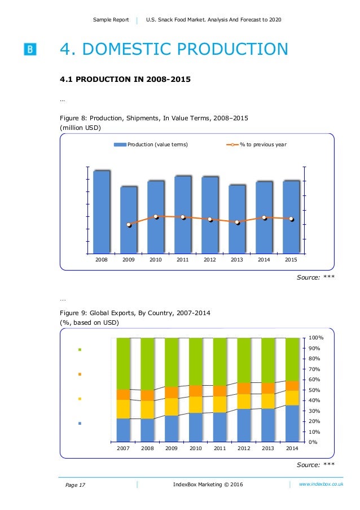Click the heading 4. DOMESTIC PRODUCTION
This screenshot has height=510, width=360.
[x=174, y=50]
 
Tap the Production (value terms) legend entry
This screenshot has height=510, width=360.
[x=151, y=145]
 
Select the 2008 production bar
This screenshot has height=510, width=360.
[x=102, y=212]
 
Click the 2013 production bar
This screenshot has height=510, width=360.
[x=237, y=219]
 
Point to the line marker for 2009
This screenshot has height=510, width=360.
[x=129, y=225]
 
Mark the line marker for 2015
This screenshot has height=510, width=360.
[x=291, y=219]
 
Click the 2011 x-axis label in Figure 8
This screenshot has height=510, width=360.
[x=182, y=260]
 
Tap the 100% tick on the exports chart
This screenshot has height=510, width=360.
[x=315, y=338]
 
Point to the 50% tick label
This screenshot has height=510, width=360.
[x=314, y=390]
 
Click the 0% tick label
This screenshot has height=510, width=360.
[x=312, y=442]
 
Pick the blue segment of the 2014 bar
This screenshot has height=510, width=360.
[x=292, y=423]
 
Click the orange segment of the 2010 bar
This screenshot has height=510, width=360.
[x=196, y=391]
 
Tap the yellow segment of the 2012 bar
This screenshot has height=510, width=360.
[x=244, y=401]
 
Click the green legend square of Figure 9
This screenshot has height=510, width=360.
[x=80, y=350]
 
